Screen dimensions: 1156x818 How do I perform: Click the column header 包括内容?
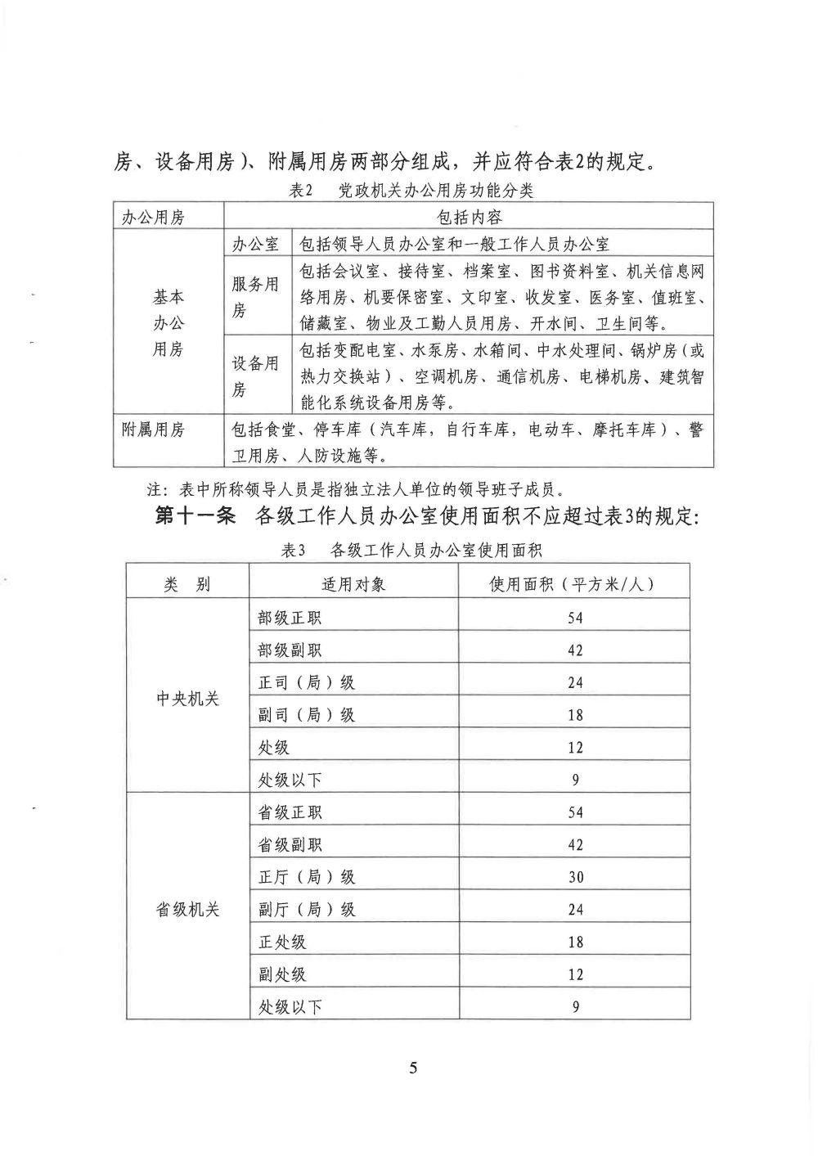click(x=470, y=217)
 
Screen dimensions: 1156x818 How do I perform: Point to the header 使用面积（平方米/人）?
click(x=573, y=584)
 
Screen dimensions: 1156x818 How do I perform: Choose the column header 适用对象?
click(x=353, y=584)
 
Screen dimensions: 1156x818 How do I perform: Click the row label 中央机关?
click(x=188, y=699)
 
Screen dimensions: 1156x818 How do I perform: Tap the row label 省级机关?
click(x=188, y=910)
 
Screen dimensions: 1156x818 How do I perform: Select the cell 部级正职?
click(x=290, y=618)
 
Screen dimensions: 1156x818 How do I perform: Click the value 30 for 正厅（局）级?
click(x=576, y=877)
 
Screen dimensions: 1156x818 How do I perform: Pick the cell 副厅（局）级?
click(x=307, y=910)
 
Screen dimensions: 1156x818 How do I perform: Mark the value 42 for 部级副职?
click(x=576, y=650)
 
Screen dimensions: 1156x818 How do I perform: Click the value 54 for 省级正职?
click(x=576, y=812)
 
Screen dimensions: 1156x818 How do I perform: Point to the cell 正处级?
click(x=282, y=942)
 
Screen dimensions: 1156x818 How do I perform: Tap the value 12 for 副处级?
click(x=576, y=974)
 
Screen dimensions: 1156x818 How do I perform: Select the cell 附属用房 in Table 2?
click(x=153, y=430)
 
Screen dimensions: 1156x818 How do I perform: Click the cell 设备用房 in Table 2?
click(x=255, y=376)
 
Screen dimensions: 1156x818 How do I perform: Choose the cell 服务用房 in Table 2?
click(x=255, y=297)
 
